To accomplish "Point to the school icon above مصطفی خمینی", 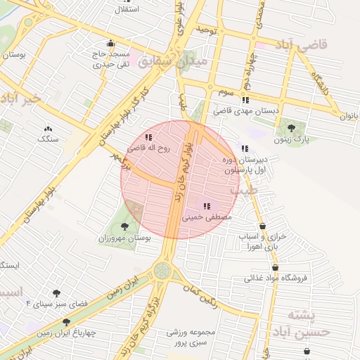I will (x=207, y=206).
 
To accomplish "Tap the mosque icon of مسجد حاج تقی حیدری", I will (x=110, y=43).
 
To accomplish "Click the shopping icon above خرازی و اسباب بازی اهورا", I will (x=263, y=226).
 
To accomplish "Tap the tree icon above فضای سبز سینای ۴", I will (x=56, y=292).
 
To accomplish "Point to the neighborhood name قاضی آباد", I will (x=303, y=46).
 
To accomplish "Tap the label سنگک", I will (x=48, y=139).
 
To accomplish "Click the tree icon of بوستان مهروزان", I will (x=124, y=226).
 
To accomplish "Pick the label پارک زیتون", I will (x=291, y=140).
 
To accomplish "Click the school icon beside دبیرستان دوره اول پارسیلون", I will (x=245, y=148).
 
